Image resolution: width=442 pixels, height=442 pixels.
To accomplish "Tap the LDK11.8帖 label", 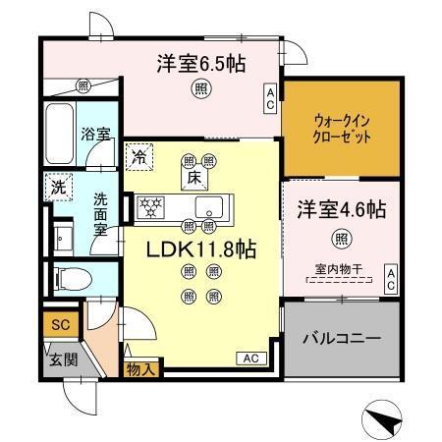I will (201, 249).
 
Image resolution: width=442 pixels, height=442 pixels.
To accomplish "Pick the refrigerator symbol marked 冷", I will (138, 155).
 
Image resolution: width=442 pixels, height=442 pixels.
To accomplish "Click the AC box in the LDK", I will (249, 359).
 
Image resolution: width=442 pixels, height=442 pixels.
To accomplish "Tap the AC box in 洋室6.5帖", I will (268, 95).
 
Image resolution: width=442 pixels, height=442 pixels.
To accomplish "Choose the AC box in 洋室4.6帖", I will (390, 278).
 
